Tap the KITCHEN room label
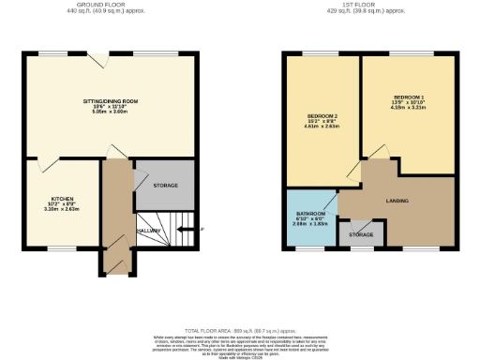click(x=63, y=199)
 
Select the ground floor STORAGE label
click(x=164, y=184)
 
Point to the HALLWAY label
click(x=149, y=231)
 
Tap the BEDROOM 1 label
click(x=408, y=97)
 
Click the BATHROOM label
click(x=309, y=213)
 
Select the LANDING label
click(x=397, y=200)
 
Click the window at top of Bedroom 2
click(x=310, y=52)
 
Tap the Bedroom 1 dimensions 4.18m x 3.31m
click(x=408, y=109)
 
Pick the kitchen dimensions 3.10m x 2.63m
click(x=63, y=210)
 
